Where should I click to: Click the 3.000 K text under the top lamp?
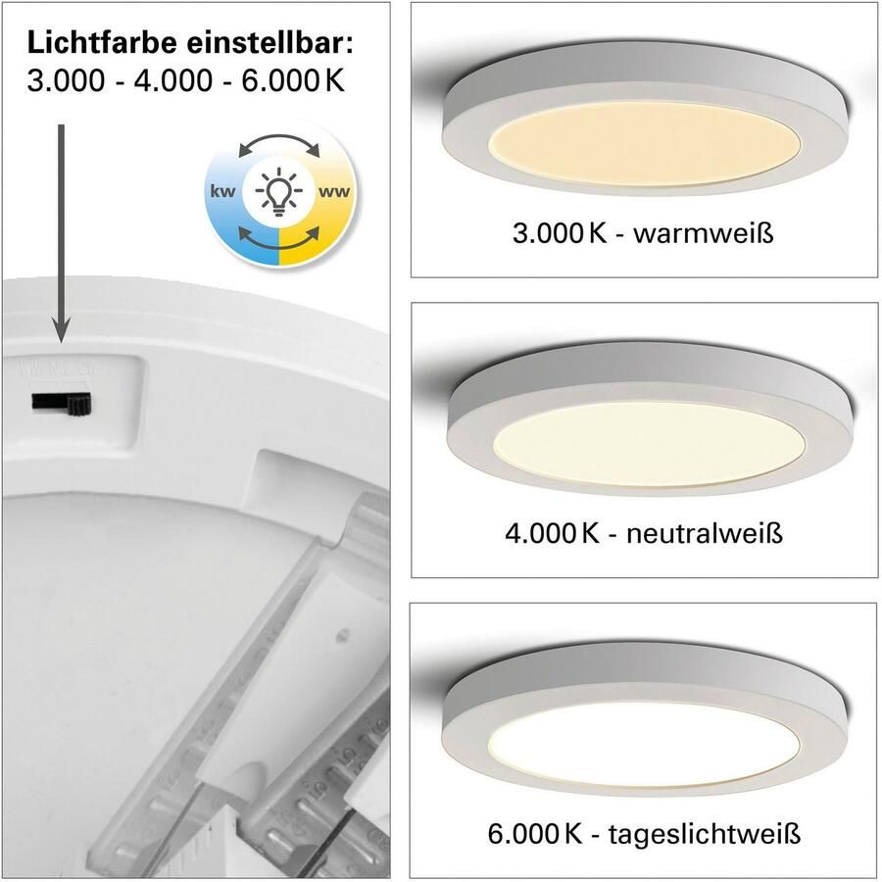coord(555,234)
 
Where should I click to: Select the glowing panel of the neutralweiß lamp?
coord(648,444)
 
